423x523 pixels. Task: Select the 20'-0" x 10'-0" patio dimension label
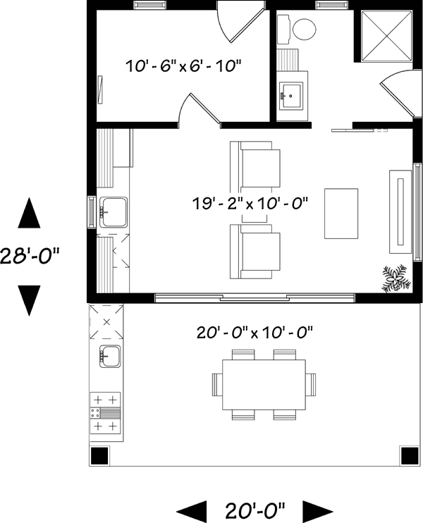click(x=255, y=331)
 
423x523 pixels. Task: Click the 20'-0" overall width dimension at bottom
click(x=255, y=507)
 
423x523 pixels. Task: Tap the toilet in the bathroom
click(x=300, y=29)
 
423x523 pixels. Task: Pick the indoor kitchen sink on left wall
click(x=112, y=211)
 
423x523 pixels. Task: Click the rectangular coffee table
click(x=341, y=214)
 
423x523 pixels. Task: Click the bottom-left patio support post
click(x=100, y=455)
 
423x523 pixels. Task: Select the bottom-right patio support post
click(x=408, y=455)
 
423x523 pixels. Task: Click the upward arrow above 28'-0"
click(x=29, y=214)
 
